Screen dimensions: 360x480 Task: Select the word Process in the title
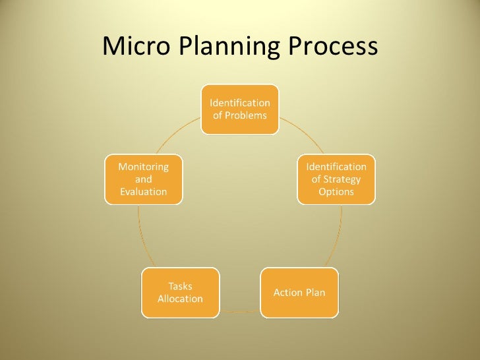[329, 46]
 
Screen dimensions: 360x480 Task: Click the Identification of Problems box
[239, 109]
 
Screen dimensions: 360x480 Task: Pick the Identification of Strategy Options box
[336, 179]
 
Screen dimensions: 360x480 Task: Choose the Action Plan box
[299, 292]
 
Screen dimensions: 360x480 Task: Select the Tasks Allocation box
[180, 292]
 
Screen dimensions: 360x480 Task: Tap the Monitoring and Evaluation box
[143, 179]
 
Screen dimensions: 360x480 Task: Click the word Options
[336, 192]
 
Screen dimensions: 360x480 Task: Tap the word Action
[287, 292]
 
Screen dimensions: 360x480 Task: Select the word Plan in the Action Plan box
[315, 292]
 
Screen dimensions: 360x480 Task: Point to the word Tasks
[180, 286]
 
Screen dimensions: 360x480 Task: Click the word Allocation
[180, 299]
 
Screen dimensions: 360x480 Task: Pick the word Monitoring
[143, 167]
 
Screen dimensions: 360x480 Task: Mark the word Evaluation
[143, 192]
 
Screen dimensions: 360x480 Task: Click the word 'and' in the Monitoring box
[143, 179]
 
